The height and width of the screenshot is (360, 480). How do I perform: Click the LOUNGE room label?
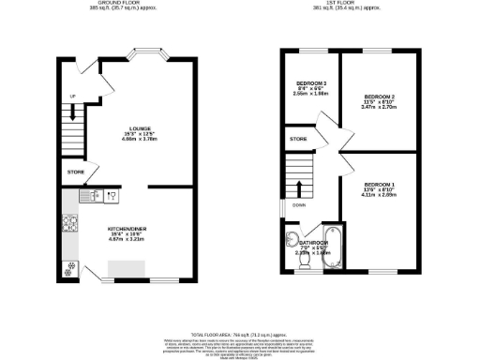coord(141,127)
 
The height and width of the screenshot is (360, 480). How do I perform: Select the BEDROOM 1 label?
coord(380,183)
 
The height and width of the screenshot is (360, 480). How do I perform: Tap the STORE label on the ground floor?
coord(75,172)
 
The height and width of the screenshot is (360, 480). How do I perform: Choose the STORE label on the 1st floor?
coord(298,139)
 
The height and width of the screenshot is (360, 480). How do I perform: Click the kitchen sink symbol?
coord(97,196)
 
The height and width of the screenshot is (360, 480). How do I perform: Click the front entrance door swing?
coord(86,67)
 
